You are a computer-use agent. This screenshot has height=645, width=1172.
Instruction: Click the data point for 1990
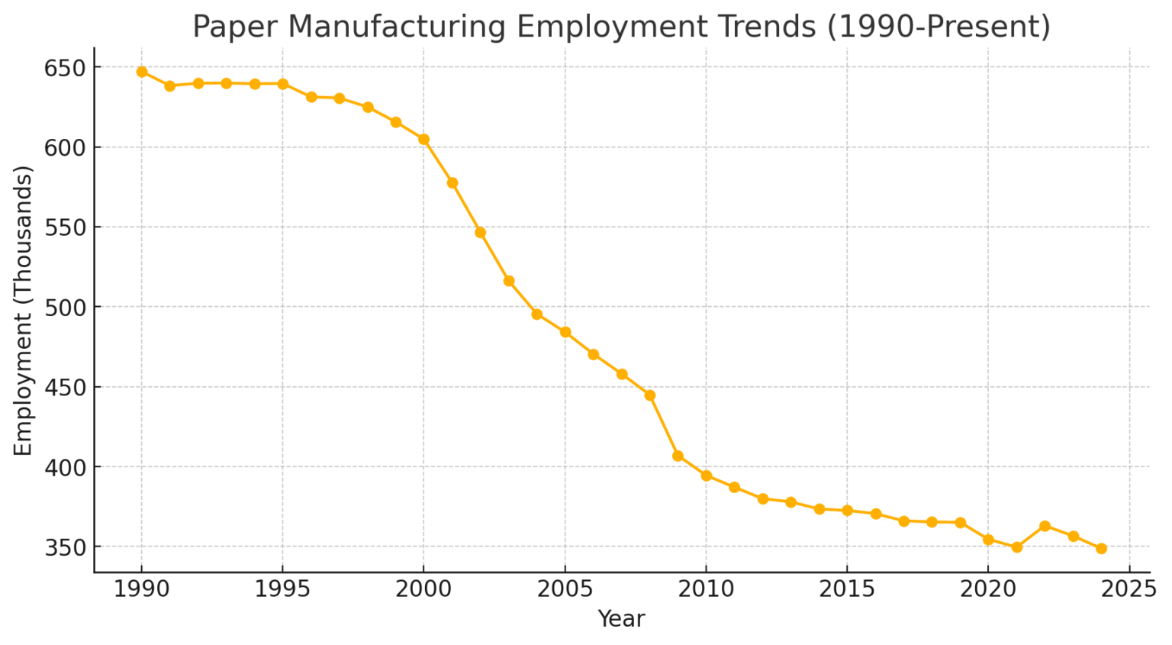click(x=142, y=72)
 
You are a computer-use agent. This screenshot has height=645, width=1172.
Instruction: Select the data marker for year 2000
click(x=424, y=139)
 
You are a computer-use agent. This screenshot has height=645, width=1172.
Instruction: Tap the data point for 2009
click(x=678, y=456)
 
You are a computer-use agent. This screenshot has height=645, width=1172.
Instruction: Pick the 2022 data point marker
click(x=1045, y=526)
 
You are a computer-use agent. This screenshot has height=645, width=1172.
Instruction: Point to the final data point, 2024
click(x=1101, y=548)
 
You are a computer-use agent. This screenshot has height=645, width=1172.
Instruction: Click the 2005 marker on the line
click(x=565, y=332)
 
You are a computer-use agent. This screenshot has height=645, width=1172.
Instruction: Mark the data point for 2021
click(x=1016, y=547)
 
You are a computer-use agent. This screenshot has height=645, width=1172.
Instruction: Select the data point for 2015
click(x=847, y=510)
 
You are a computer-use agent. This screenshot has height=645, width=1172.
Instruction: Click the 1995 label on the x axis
click(x=282, y=589)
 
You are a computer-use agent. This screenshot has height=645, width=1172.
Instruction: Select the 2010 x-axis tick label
click(x=706, y=589)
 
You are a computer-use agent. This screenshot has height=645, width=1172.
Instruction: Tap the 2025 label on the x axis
click(x=1129, y=589)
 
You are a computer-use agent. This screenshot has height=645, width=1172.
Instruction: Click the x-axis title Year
click(x=621, y=619)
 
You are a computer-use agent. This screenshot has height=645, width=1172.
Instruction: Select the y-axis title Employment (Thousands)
click(x=23, y=311)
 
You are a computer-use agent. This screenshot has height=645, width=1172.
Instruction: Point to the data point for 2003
click(x=509, y=281)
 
